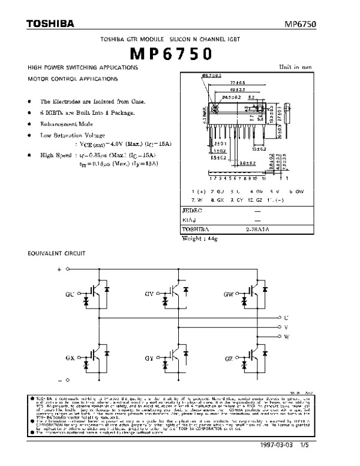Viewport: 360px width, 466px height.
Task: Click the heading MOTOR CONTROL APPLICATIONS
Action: pyautogui.click(x=73, y=79)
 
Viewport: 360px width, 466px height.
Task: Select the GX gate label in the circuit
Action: pyautogui.click(x=70, y=357)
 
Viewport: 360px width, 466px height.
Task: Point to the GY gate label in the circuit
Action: pyautogui.click(x=149, y=357)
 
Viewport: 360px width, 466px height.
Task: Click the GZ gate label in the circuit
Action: pyautogui.click(x=229, y=357)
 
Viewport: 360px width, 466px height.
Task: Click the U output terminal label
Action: pyautogui.click(x=286, y=317)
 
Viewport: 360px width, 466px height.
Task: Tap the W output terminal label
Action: pyautogui.click(x=286, y=337)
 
